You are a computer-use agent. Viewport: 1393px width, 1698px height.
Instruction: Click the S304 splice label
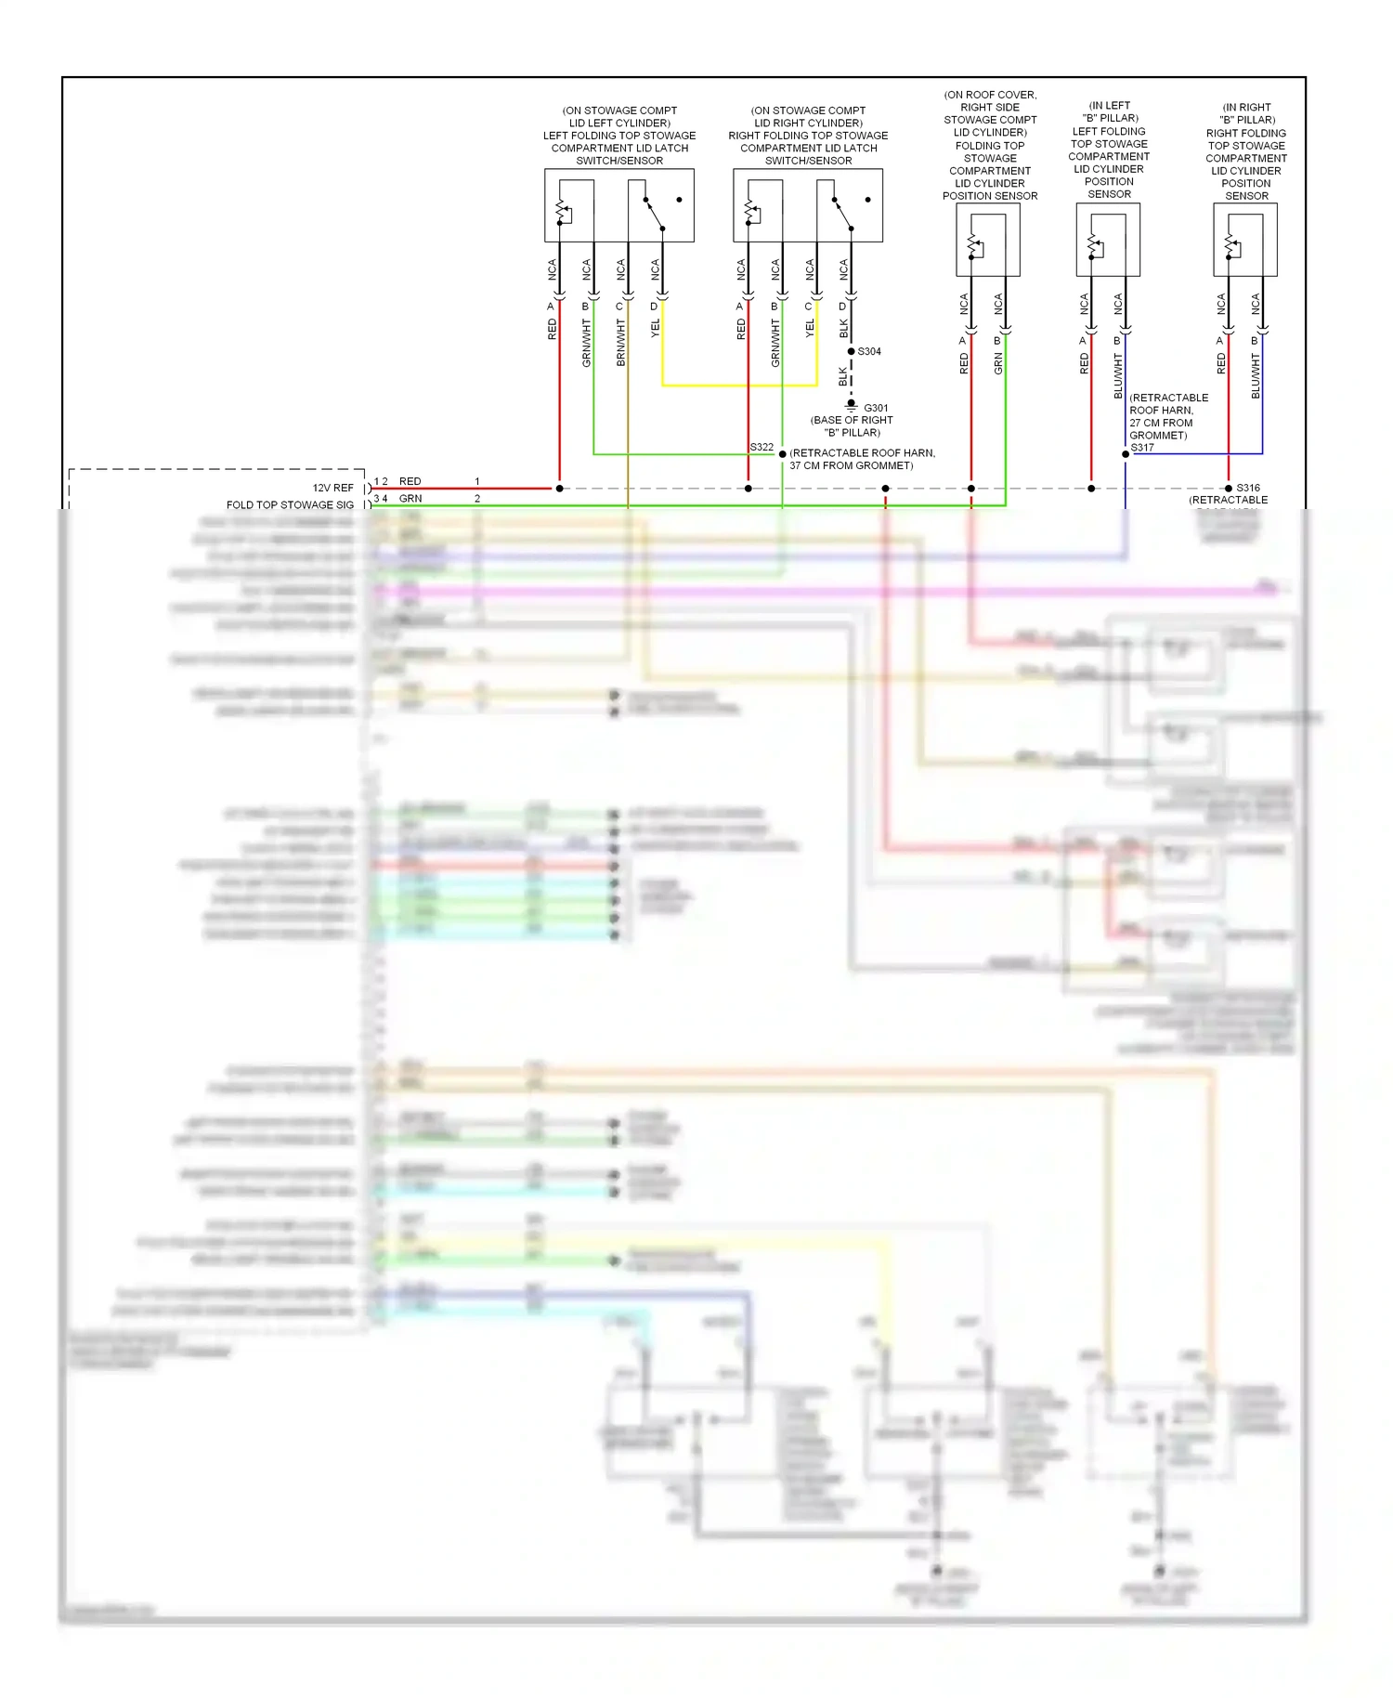869,351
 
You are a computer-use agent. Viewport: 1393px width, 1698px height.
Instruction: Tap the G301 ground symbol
851,406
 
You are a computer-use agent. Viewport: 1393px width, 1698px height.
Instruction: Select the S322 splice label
762,447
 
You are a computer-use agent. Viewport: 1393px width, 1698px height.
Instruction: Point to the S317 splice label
1142,447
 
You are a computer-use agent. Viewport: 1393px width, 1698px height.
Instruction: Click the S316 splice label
1248,488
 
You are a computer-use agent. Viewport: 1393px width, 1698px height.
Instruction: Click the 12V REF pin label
332,488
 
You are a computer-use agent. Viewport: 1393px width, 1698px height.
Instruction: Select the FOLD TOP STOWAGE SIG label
290,505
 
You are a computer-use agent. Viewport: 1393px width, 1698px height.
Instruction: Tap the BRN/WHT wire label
620,343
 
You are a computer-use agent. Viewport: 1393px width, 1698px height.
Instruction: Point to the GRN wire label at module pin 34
410,499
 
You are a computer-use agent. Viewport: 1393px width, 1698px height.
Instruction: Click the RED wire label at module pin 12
410,481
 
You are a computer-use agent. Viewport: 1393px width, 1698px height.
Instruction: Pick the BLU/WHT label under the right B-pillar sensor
1256,376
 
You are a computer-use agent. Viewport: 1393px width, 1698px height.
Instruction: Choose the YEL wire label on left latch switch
655,328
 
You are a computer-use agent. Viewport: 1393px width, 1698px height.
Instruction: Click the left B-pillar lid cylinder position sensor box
1108,240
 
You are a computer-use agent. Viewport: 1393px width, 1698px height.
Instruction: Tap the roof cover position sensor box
988,240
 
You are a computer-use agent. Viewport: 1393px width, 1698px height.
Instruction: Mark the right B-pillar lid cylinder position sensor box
1245,240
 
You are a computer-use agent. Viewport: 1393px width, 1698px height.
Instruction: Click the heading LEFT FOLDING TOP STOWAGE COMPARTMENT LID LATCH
619,141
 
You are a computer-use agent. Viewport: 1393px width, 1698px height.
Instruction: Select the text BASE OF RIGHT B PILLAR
852,426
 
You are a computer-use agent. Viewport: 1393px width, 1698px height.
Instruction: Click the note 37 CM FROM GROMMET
852,465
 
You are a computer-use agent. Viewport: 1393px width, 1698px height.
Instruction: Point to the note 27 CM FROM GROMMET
1161,423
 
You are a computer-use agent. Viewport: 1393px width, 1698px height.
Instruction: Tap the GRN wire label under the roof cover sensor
998,364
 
